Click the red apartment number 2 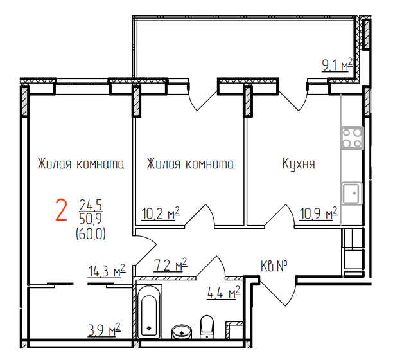click(62, 210)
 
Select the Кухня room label click(299, 164)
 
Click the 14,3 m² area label click(105, 272)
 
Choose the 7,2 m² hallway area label click(171, 265)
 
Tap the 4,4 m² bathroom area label click(223, 294)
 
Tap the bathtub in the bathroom click(149, 315)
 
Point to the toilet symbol click(207, 325)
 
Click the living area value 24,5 click(91, 204)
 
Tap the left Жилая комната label click(80, 164)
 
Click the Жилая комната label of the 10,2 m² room click(190, 164)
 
